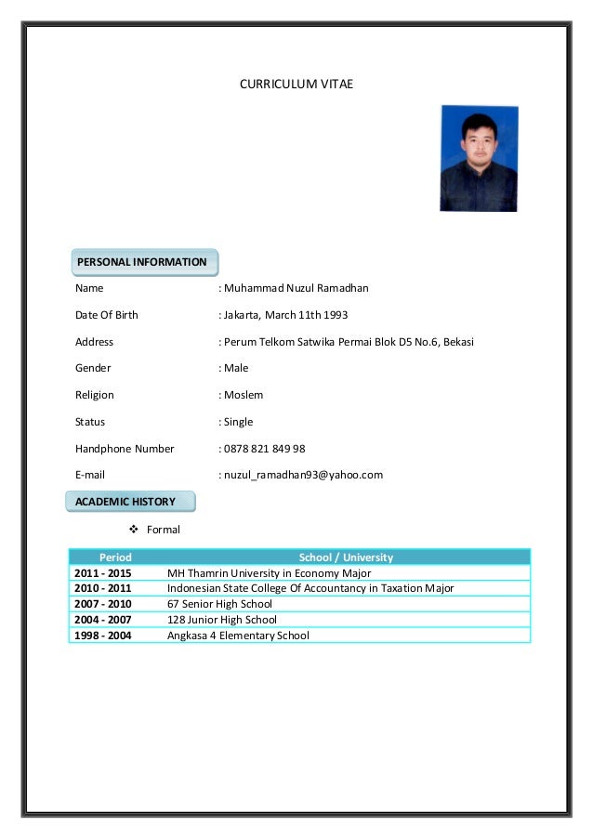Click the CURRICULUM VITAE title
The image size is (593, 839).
(296, 85)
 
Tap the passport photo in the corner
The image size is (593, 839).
(478, 158)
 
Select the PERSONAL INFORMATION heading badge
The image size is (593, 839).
(142, 262)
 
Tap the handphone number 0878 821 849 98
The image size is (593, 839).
(265, 449)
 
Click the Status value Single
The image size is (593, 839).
(238, 422)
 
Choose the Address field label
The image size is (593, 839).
(95, 342)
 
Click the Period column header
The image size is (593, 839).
(115, 557)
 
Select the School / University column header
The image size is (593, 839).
(346, 557)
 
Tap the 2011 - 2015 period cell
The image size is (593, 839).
(103, 573)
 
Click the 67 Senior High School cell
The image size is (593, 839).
(220, 604)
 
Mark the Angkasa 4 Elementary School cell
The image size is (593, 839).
(238, 636)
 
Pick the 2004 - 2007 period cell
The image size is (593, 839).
(103, 620)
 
